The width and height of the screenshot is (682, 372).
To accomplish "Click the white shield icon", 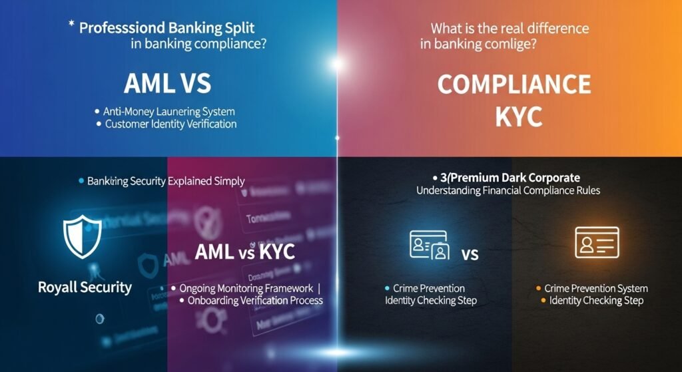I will click(82, 236).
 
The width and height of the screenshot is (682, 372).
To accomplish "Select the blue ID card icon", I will click(430, 246).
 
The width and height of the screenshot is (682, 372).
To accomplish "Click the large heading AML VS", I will click(168, 85).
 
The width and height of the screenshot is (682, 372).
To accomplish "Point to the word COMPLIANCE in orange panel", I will click(513, 85).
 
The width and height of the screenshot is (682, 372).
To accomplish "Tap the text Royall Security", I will click(85, 287).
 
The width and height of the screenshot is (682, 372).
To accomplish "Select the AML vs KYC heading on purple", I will click(245, 253).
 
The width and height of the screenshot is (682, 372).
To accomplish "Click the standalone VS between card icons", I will click(470, 254).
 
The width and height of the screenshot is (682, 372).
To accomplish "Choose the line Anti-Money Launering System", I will click(169, 112).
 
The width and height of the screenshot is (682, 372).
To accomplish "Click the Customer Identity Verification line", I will click(170, 124).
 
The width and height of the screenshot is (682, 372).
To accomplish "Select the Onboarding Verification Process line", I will click(252, 300).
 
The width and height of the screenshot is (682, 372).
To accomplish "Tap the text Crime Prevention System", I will click(595, 289).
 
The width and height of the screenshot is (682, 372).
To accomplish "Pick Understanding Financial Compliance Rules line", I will click(508, 190).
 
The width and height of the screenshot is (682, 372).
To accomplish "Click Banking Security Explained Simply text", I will click(166, 180).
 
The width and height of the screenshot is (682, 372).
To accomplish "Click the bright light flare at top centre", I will click(338, 64).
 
